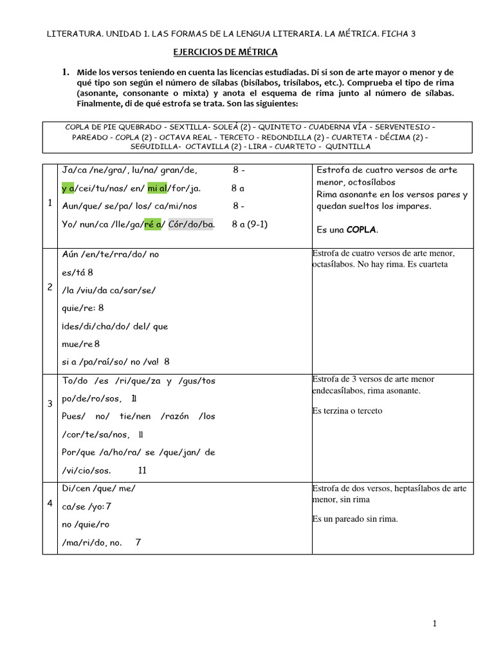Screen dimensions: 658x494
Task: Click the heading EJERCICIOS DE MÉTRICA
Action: tap(226, 52)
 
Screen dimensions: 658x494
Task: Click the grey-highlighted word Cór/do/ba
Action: tap(190, 224)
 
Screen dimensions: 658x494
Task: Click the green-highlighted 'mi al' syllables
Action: tap(157, 188)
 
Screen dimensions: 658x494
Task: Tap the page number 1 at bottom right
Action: tap(435, 623)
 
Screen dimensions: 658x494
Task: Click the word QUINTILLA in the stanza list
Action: tap(347, 147)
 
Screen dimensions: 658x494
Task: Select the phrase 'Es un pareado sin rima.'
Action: tap(355, 519)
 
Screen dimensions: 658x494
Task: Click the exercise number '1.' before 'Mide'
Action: tap(65, 73)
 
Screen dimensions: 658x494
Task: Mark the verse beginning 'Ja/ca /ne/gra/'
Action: tap(129, 170)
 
